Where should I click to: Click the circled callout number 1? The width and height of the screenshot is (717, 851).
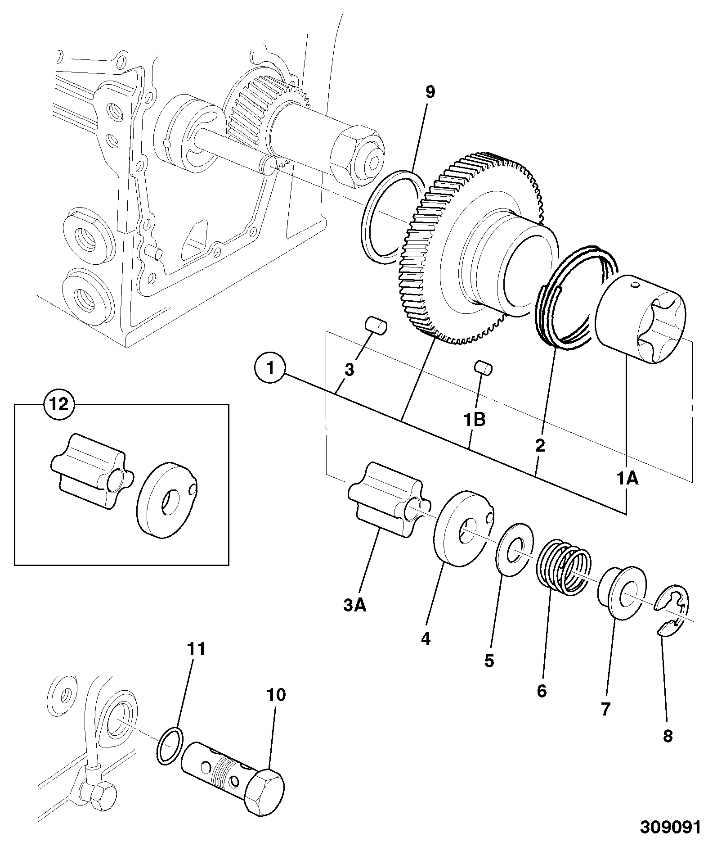click(x=270, y=368)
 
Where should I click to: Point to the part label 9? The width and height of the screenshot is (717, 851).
click(x=430, y=92)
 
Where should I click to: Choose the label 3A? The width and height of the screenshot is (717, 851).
click(x=355, y=606)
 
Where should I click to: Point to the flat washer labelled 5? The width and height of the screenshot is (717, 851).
click(x=514, y=549)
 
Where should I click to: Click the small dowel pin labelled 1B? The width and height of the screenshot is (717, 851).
click(x=484, y=367)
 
